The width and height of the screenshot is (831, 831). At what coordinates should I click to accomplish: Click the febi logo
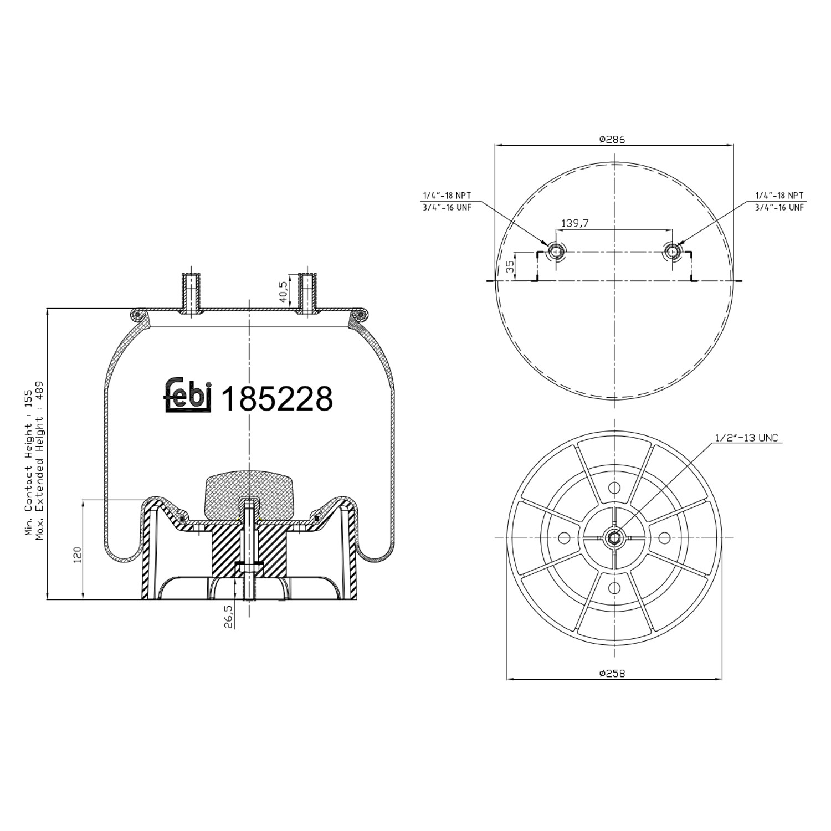(x=188, y=396)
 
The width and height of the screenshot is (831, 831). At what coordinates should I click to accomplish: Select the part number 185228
(x=277, y=398)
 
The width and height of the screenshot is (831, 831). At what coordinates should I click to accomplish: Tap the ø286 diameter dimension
(x=612, y=140)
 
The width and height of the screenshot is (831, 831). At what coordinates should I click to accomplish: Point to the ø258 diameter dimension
(x=612, y=674)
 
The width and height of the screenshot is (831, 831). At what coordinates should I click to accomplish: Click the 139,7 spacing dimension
(x=575, y=223)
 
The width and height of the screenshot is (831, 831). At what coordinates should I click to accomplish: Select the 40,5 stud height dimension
(x=284, y=292)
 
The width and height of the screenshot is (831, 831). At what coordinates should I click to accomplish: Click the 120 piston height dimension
(x=77, y=554)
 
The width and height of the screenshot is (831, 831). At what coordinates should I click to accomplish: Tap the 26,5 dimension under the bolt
(x=228, y=616)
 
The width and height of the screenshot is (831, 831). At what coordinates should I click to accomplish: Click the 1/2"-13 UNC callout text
(x=746, y=438)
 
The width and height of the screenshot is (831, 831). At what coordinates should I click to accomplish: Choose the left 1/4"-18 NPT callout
(x=447, y=196)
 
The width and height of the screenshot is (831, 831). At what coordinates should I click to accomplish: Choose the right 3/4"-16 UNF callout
(x=779, y=207)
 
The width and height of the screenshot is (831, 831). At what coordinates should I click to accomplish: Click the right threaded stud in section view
(x=307, y=294)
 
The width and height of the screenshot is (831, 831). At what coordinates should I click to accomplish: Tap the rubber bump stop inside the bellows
(x=249, y=495)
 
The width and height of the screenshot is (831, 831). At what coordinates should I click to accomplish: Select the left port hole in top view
(x=555, y=252)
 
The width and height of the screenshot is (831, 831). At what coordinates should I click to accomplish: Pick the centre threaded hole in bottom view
(x=614, y=537)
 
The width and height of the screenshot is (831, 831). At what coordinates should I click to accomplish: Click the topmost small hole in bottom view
(x=614, y=488)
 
